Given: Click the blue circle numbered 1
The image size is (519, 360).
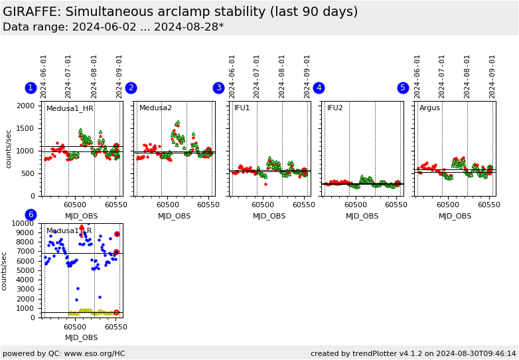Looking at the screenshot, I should (31, 88).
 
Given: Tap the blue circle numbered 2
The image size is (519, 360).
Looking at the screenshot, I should (131, 88).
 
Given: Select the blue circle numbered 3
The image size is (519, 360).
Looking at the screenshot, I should (218, 88).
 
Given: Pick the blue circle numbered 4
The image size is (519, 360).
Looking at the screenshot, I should (319, 88).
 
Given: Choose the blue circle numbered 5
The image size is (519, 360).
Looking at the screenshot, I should (403, 88).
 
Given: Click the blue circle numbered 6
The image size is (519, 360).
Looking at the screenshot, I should (31, 215).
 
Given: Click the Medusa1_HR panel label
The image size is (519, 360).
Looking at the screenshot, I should (70, 108).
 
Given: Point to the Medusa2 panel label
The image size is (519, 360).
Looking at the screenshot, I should (155, 108).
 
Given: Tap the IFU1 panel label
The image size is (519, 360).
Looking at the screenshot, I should (242, 108).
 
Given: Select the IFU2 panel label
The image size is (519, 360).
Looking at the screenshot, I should (335, 108).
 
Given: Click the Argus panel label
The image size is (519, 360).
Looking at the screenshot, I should (429, 108).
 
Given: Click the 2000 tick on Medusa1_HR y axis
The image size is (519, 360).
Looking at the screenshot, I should (25, 106).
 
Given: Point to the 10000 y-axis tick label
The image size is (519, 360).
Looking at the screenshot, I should (22, 224).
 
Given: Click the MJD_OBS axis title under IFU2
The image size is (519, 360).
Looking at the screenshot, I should (362, 216).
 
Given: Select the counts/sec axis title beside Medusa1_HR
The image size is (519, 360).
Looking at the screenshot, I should (9, 148).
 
